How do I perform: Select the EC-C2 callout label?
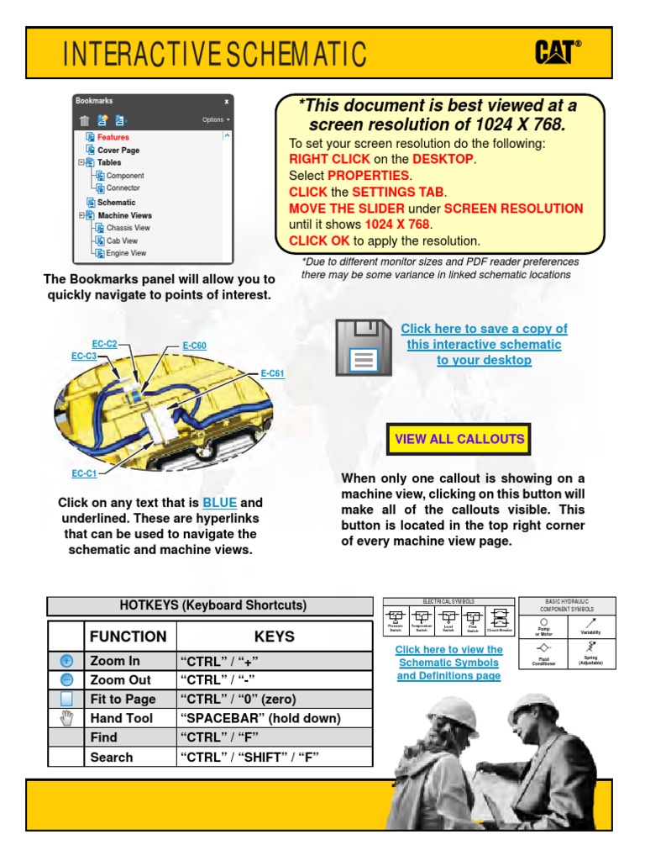coord(105,344)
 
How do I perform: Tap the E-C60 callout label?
coord(194,346)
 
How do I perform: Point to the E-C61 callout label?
coord(272,374)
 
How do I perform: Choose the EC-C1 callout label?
coord(84,473)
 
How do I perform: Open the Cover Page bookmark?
coord(118,150)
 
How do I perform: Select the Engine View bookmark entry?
coord(126,252)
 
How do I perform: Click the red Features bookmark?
coord(113,137)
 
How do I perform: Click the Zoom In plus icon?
coord(66,661)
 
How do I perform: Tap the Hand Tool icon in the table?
coord(66,718)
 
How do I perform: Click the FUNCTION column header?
coord(128,637)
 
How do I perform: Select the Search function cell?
coord(112,757)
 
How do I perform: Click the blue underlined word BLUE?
coord(219,503)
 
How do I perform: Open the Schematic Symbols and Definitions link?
coord(448,663)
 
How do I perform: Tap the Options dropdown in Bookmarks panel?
coord(216,119)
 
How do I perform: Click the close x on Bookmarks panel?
coord(226,101)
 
